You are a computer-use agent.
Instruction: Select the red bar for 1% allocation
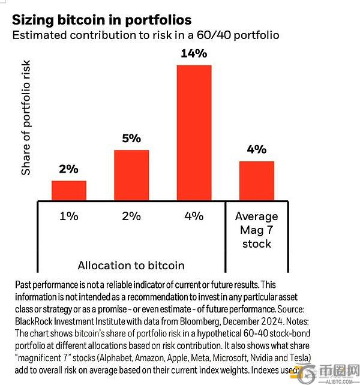coord(68,190)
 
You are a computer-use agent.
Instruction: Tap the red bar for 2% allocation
coord(131,175)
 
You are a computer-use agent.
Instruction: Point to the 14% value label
coord(194,54)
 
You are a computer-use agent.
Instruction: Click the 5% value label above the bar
coord(131,139)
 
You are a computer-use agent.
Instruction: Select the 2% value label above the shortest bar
coord(68,170)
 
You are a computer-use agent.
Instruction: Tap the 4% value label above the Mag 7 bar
coord(256,150)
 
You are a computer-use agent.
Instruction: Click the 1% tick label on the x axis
coord(68,216)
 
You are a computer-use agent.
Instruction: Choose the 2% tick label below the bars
coord(131,216)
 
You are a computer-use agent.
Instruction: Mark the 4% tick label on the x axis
coord(194,216)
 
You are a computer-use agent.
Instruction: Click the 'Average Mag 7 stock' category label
coord(256,230)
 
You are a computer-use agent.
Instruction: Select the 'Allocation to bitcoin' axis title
coord(131,264)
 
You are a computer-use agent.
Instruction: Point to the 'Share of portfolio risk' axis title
coord(26,120)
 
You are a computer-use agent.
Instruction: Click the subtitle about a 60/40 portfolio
coord(146,35)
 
